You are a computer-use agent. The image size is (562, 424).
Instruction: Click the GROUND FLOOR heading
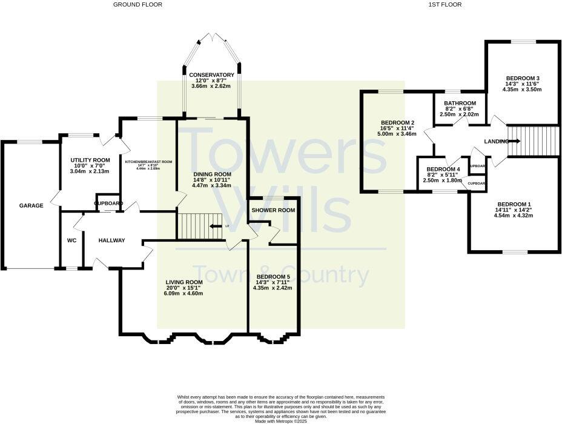[137, 4]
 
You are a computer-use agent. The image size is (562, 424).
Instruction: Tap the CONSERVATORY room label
[211, 75]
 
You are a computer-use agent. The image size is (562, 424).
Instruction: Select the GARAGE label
[31, 206]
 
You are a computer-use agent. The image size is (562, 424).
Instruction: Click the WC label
[71, 240]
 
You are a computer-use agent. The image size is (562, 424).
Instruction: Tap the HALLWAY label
[111, 240]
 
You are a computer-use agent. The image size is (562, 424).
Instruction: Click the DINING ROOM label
[211, 174]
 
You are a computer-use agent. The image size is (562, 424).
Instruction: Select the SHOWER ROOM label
[273, 210]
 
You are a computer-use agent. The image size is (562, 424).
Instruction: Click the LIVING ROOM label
[183, 282]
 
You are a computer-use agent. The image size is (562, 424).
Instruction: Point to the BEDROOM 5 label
[273, 276]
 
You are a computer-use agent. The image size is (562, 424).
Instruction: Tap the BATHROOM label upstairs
[460, 104]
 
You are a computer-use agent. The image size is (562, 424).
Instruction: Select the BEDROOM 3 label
[521, 78]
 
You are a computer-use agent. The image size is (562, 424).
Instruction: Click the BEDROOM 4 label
[443, 169]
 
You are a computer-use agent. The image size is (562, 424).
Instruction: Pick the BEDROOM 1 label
[514, 204]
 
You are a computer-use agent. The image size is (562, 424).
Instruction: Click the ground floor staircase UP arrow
[214, 227]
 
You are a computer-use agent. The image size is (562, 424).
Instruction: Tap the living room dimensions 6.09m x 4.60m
[183, 294]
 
